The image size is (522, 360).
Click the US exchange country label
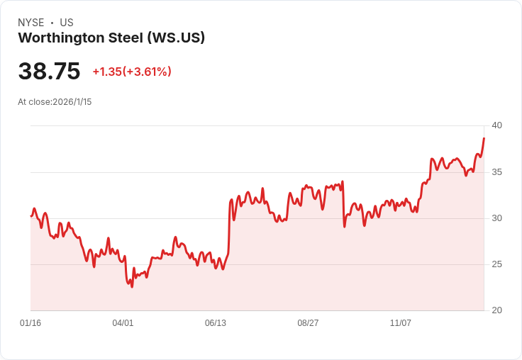click(x=67, y=23)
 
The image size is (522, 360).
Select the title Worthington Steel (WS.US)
click(x=111, y=38)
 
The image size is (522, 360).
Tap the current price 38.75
click(x=49, y=72)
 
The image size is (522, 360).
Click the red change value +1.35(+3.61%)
click(x=132, y=72)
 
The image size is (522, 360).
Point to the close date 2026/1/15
click(x=72, y=102)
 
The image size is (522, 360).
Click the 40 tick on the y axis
click(x=496, y=125)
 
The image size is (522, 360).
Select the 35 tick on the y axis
click(x=496, y=172)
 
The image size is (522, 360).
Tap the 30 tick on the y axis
click(x=496, y=218)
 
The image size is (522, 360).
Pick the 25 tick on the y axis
click(x=496, y=264)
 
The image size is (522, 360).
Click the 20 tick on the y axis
click(x=496, y=310)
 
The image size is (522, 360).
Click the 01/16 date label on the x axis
click(x=30, y=323)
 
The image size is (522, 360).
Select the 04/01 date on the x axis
click(x=123, y=323)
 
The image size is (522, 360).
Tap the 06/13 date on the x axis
click(x=216, y=323)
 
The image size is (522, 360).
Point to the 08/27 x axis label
click(x=308, y=323)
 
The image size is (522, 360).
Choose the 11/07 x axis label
click(x=401, y=323)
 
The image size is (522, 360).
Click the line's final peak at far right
click(x=484, y=138)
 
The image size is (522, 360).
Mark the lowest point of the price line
click(x=132, y=286)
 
